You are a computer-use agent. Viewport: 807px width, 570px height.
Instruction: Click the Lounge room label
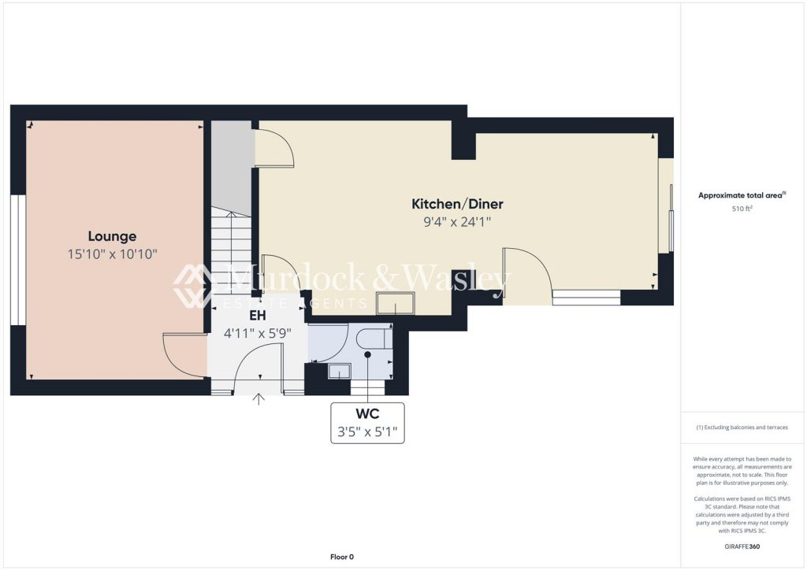point(112,236)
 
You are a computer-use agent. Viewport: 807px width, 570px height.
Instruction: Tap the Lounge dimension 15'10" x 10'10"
point(112,254)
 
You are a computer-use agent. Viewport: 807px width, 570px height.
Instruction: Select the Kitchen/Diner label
point(457,204)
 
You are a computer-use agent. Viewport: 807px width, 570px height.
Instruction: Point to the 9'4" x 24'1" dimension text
point(457,222)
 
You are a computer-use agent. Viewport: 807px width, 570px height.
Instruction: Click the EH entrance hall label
point(257,315)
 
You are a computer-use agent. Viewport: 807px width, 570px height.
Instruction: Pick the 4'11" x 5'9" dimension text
point(257,332)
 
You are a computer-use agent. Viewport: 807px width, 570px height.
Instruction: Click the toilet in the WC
point(374,339)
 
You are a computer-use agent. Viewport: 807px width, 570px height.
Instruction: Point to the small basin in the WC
point(340,371)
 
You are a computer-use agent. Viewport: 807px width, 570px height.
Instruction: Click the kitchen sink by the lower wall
point(395,302)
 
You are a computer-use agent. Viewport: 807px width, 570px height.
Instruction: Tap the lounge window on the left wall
point(14,259)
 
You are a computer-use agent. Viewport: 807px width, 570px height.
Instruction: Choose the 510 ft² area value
point(741,209)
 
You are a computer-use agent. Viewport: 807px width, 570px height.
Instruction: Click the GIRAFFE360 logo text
point(743,546)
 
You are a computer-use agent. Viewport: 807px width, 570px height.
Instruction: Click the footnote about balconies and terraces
point(742,427)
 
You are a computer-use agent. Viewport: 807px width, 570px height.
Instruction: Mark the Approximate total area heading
point(741,195)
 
